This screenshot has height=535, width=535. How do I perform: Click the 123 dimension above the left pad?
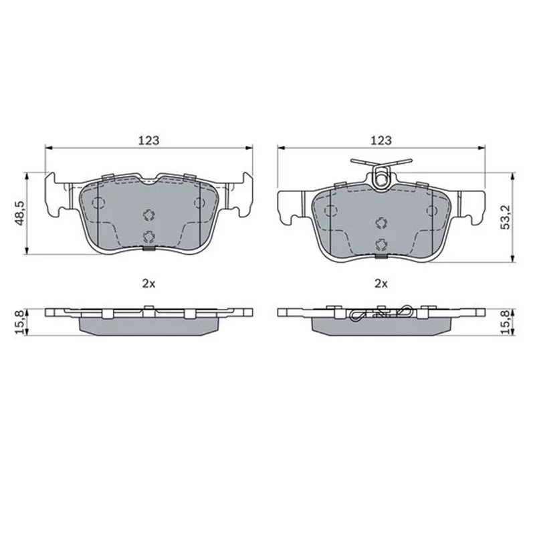pos(148,140)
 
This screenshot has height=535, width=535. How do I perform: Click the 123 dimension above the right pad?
pos(381,140)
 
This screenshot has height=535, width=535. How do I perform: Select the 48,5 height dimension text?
pos(20,213)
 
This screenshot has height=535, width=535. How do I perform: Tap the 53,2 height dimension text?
pos(506,217)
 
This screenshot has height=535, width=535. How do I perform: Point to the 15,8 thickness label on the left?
pos(20,322)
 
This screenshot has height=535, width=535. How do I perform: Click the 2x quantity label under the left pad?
pos(148,284)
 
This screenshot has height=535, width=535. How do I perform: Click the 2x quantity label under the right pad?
pos(381,284)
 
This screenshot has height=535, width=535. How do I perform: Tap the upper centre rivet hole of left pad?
pos(148,215)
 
